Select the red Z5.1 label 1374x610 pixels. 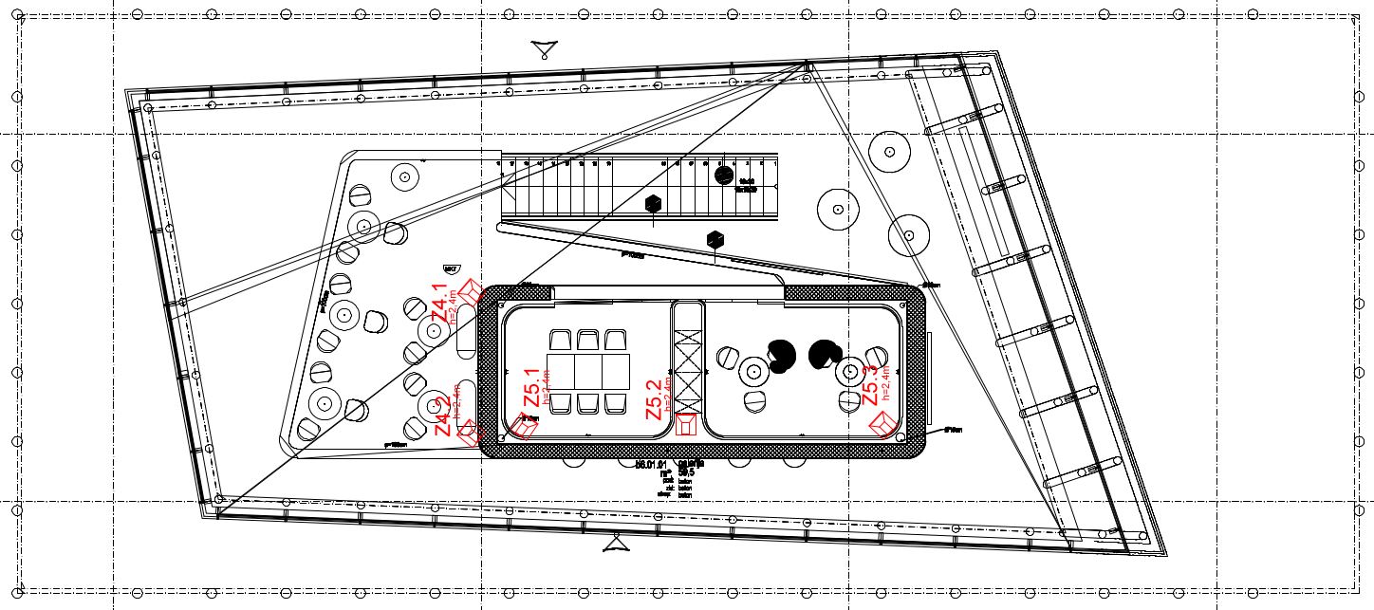532,389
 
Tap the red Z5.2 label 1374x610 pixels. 654,399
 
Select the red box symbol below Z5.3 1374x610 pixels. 885,421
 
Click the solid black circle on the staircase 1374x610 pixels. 723,176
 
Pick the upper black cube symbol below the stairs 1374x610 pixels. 653,204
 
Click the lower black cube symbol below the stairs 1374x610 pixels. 716,240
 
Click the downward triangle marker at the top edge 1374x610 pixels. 543,49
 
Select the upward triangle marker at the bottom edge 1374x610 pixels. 617,544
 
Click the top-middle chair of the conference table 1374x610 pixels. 588,340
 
